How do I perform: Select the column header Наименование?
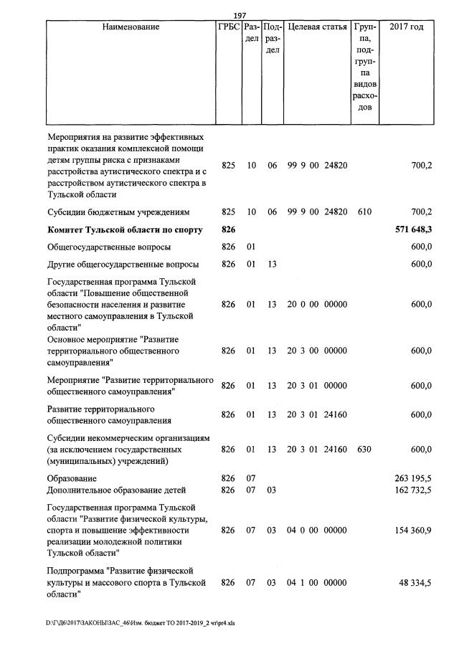(131, 27)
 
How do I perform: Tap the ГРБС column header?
(228, 27)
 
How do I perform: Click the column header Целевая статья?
(316, 27)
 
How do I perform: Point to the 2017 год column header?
(406, 27)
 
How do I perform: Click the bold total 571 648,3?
(413, 230)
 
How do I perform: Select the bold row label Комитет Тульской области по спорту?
(125, 230)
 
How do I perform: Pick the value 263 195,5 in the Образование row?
(413, 478)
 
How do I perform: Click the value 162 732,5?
(413, 490)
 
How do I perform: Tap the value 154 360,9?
(413, 530)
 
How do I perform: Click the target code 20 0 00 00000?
(316, 304)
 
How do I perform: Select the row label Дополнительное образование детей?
(116, 490)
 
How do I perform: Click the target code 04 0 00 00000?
(316, 530)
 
